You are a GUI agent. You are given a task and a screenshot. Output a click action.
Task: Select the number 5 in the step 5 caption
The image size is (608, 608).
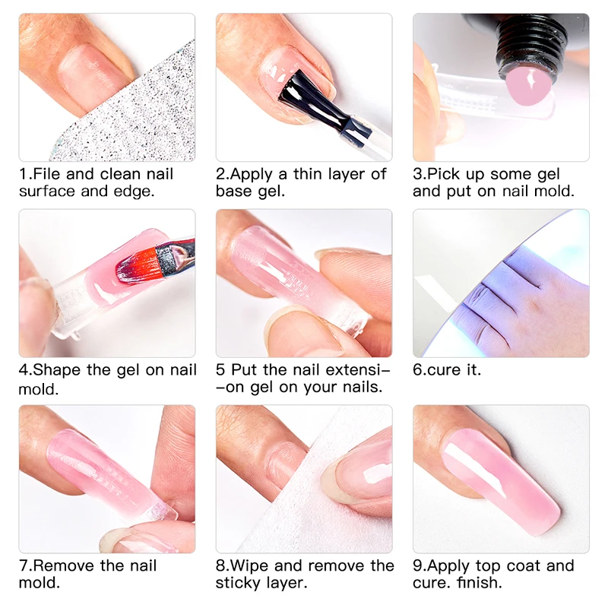[220, 370]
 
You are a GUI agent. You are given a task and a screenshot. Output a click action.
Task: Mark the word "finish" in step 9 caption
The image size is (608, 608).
[478, 584]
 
